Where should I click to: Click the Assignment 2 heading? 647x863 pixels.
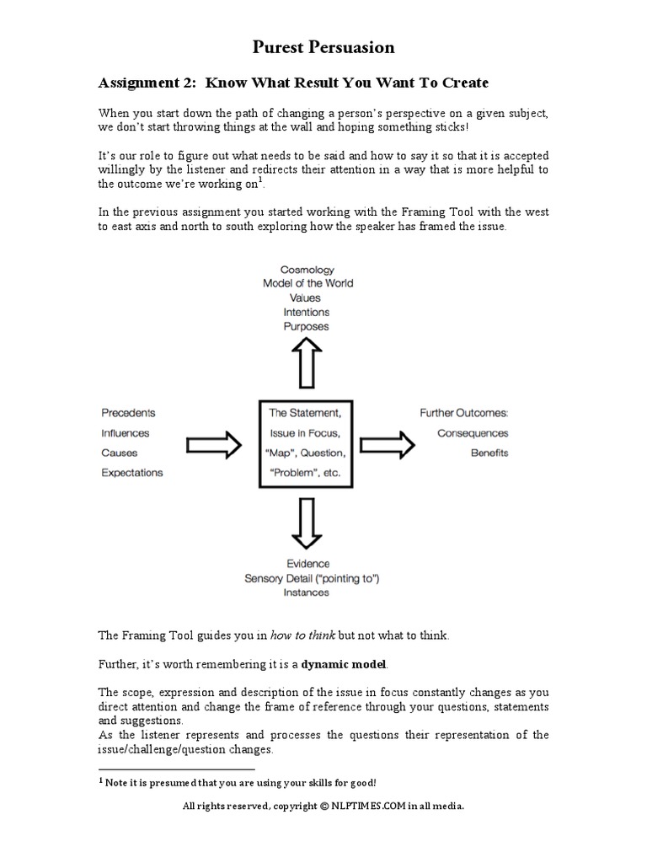point(294,83)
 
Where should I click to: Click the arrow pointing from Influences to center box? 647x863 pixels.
point(212,445)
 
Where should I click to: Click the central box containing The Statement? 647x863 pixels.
point(305,443)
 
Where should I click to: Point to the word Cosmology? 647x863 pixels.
point(307,269)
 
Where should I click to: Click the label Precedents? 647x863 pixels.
point(128,413)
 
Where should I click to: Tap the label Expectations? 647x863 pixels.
point(132,473)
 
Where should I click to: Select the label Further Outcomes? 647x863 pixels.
point(464,413)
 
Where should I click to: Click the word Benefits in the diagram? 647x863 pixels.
point(489,453)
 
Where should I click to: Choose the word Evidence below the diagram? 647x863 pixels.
point(307,563)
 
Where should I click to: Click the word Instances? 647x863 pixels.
point(307,592)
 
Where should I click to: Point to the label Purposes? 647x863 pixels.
point(307,326)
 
